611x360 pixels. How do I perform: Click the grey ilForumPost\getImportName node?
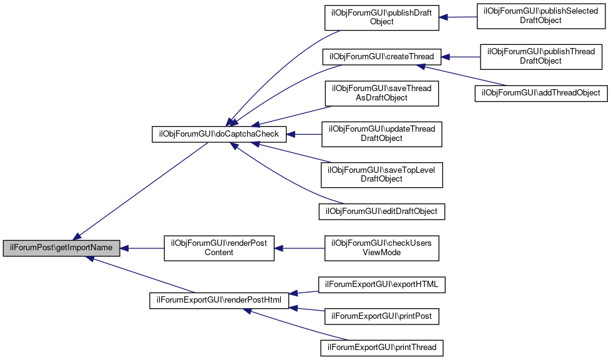61,248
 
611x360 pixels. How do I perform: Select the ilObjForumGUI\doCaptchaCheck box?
219,134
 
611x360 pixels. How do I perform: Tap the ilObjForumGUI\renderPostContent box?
219,248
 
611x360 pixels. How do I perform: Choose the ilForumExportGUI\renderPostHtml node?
219,300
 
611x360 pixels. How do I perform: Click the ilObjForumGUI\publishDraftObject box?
382,17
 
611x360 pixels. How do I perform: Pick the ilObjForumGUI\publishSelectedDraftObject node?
541,16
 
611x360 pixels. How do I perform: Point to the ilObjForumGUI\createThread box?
382,57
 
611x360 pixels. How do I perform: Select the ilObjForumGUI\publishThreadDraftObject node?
541,57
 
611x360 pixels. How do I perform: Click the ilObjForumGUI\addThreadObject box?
541,93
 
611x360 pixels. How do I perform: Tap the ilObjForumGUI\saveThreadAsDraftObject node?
382,94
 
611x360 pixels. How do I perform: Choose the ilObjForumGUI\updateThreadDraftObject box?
382,134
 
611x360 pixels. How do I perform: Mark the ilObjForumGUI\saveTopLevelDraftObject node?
382,175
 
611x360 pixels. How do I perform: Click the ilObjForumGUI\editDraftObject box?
382,212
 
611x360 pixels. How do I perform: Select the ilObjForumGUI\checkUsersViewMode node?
382,248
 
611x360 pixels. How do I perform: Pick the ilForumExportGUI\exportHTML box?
382,285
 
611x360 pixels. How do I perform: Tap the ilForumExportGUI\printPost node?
382,316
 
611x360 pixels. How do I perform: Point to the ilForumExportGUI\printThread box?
382,348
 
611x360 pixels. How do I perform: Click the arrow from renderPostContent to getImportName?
142,248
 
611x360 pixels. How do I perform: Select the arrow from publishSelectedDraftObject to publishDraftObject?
458,17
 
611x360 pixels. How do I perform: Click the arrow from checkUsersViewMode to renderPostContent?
300,248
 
